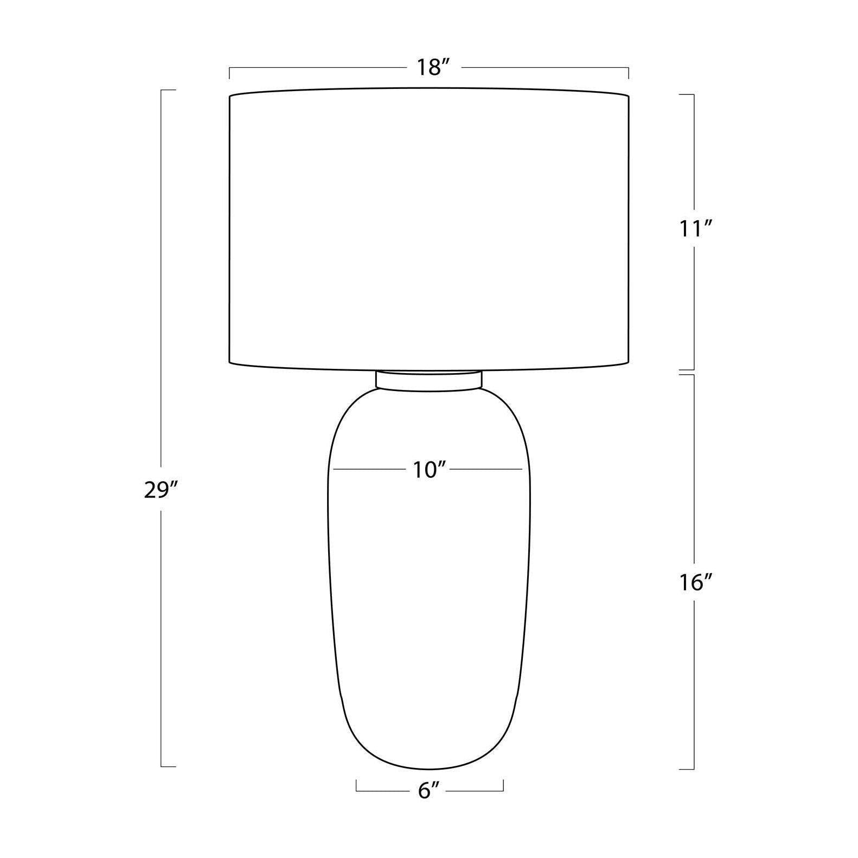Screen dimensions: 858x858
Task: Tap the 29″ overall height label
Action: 161,490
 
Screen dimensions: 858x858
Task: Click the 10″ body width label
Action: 428,469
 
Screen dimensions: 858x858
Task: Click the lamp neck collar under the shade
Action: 428,380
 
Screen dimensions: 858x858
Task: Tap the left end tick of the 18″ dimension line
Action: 229,73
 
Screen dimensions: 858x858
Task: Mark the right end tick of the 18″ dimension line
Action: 628,73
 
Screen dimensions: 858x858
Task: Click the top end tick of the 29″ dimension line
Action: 168,89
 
